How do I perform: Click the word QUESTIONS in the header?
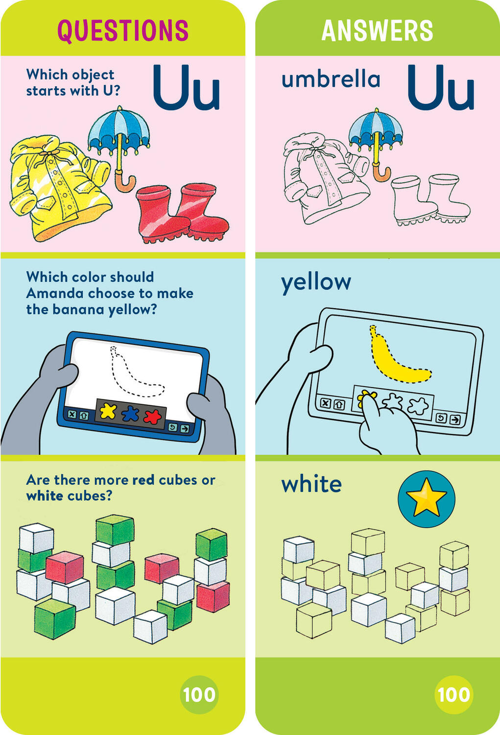click(123, 30)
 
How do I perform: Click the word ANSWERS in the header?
click(377, 30)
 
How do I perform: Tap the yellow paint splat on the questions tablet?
click(108, 412)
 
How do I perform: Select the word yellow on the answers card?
click(316, 283)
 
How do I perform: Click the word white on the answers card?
click(311, 485)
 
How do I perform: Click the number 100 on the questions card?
click(199, 694)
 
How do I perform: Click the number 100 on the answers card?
click(453, 694)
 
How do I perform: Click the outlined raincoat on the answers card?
click(323, 181)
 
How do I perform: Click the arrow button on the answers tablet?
click(455, 419)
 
